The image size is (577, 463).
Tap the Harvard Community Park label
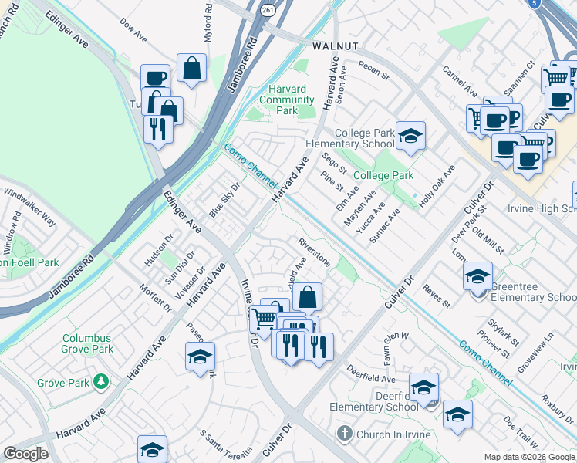click(x=286, y=100)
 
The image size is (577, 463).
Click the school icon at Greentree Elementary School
click(x=477, y=275)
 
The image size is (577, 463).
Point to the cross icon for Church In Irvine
click(x=345, y=434)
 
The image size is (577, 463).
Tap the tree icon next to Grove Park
click(x=100, y=382)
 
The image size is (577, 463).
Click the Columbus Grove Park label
click(x=87, y=343)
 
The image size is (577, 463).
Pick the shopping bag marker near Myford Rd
click(x=191, y=68)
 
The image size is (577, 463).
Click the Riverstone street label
click(x=314, y=252)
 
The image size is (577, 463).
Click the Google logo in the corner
click(x=25, y=454)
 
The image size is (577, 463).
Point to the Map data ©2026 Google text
click(x=529, y=457)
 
